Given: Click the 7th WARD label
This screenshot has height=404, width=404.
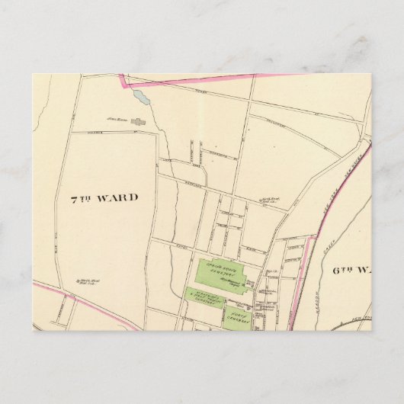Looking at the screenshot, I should click(104, 197).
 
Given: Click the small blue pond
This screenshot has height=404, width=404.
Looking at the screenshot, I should click(139, 97).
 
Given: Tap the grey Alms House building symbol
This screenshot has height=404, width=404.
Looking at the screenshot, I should click(138, 120).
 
